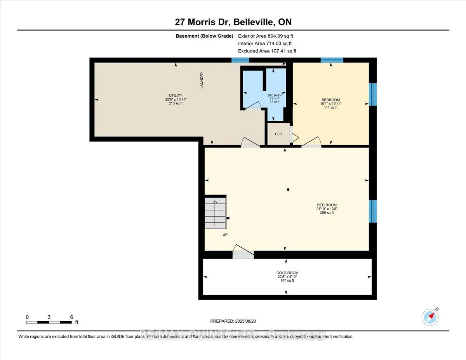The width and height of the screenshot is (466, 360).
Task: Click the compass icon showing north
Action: click(x=430, y=317)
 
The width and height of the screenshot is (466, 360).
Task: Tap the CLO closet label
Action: click(x=278, y=134)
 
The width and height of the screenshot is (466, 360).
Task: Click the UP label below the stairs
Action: click(x=225, y=235)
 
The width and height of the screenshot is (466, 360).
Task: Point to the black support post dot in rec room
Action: click(x=288, y=190)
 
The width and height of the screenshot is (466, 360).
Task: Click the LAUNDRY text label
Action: click(x=202, y=80)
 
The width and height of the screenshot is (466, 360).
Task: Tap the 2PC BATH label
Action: click(x=274, y=95)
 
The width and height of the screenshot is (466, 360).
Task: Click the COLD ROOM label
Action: click(x=287, y=273)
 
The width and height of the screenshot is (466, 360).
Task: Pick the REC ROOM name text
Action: click(x=327, y=205)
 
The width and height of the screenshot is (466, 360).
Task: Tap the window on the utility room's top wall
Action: click(x=240, y=60)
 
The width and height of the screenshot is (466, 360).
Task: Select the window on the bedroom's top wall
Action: click(x=332, y=60)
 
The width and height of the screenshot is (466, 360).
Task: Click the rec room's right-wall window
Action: click(x=372, y=211)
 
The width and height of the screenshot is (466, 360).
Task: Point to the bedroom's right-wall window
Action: click(x=372, y=94)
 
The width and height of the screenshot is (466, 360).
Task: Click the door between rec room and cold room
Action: click(x=243, y=254)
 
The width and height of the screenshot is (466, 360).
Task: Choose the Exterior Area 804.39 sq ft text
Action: click(x=268, y=36)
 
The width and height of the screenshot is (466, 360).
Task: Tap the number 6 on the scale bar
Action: click(x=71, y=317)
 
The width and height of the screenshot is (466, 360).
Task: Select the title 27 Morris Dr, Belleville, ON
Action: click(x=233, y=22)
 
